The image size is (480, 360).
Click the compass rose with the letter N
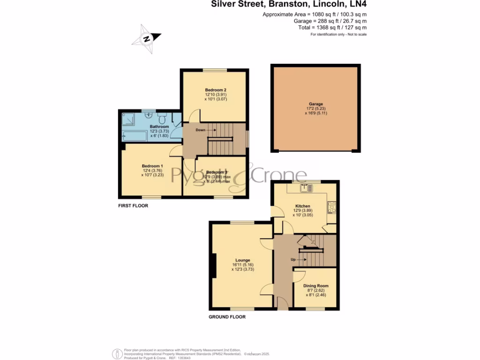point(146,39)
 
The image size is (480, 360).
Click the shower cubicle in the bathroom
point(128,119)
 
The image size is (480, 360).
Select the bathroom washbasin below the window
point(149,115)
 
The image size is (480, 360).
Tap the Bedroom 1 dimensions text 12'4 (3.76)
point(152,171)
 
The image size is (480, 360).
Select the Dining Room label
point(316,285)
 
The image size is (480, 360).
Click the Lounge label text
point(242,260)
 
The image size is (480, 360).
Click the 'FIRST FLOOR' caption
point(133,205)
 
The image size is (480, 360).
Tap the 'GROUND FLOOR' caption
point(227,317)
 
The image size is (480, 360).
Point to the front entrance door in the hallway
point(282,304)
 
